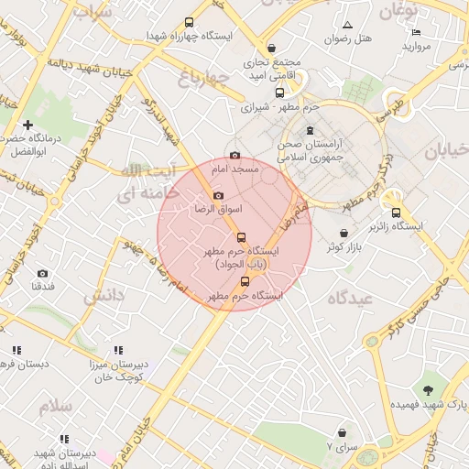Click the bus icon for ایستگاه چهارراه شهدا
click(190, 22)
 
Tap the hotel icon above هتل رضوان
click(347, 25)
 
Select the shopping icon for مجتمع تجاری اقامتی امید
click(271, 49)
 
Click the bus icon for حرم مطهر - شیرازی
click(279, 93)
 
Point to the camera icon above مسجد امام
click(235, 156)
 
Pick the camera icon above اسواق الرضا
click(218, 195)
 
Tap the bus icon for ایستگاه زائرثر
click(396, 212)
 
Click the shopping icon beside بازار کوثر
click(344, 234)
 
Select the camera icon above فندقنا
click(42, 273)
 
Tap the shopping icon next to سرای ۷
click(342, 432)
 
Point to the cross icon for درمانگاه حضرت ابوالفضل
click(28, 125)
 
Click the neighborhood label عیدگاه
click(349, 298)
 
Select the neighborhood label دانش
click(104, 296)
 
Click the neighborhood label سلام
click(55, 404)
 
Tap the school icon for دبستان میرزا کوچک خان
click(118, 350)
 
